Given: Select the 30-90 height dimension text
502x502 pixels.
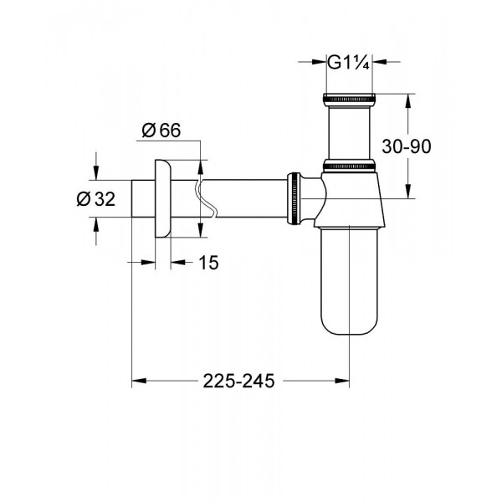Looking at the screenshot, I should pos(404,146).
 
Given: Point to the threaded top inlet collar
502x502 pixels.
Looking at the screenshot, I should pos(349,102).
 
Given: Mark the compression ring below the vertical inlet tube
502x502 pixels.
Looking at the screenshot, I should pos(349,166).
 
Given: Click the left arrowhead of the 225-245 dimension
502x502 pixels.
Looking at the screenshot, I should pos(138,382).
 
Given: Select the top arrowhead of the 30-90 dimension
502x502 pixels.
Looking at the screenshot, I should pos(408,100).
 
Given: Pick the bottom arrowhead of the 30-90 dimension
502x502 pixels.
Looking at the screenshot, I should pos(408,193).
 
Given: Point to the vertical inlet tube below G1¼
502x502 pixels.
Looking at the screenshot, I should pos(349,134).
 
